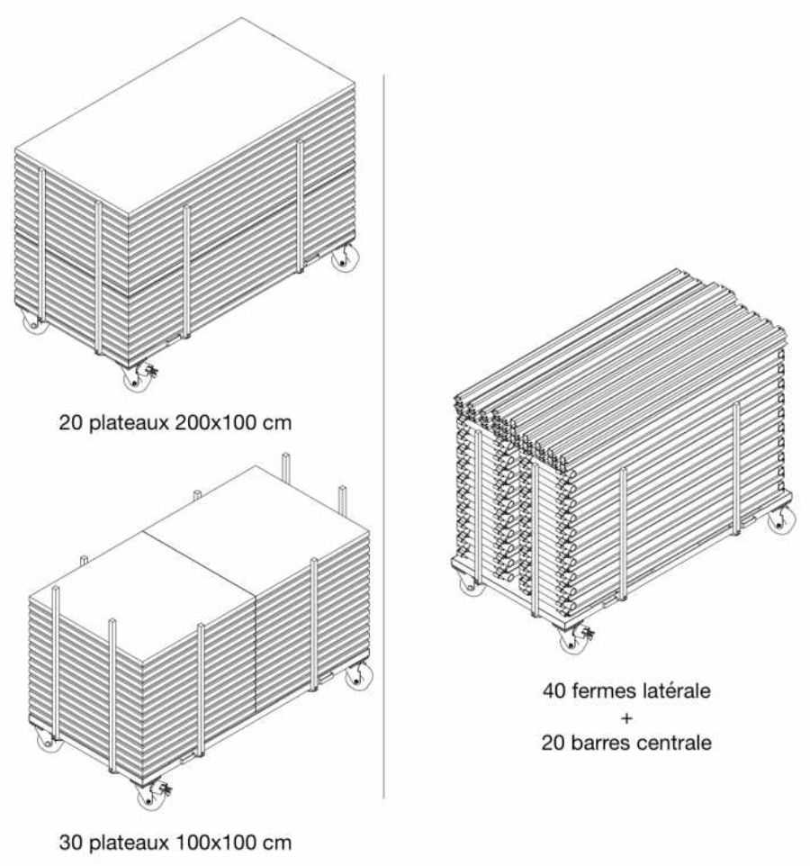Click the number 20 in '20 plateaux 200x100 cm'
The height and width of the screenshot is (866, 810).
71,423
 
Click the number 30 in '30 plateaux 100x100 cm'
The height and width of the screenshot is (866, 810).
71,843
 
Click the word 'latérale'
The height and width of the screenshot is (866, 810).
676,691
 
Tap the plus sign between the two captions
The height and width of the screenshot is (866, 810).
626,718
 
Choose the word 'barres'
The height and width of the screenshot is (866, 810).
601,743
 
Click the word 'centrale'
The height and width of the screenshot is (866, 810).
675,743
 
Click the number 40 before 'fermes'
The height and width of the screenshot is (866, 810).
553,691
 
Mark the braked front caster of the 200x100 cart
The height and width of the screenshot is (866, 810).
138,377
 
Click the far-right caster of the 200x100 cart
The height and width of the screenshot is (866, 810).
345,258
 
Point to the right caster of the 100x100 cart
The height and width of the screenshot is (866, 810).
358,677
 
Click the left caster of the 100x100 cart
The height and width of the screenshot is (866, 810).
49,740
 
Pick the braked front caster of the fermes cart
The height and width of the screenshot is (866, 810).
574,638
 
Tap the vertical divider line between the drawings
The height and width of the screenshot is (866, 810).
383,437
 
